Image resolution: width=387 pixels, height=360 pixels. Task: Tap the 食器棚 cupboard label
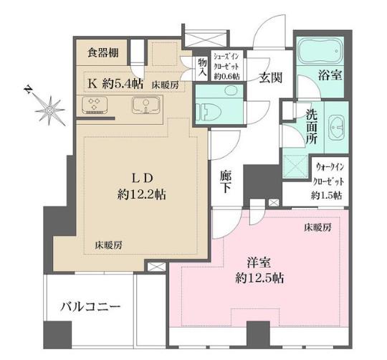[x=103, y=53]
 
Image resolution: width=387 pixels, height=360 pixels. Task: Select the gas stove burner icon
[x=95, y=105]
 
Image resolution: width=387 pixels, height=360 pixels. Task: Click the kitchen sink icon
[x=146, y=105]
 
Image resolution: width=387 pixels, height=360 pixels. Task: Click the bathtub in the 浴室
[x=320, y=51]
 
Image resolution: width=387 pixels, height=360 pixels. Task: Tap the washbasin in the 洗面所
[x=336, y=128]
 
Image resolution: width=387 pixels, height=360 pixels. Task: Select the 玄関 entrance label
[x=270, y=78]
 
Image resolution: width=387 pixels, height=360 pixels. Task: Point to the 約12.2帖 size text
[x=141, y=194]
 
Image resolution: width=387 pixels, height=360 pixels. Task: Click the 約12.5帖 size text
[x=259, y=278]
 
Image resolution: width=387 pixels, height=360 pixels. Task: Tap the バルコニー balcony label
[x=90, y=307]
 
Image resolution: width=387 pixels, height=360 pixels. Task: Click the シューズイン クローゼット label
[x=226, y=66]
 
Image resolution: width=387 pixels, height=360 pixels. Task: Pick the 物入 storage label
[x=202, y=67]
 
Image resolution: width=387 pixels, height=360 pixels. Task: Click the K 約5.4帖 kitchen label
[x=115, y=84]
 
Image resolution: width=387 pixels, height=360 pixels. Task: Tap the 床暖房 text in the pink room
[x=317, y=227]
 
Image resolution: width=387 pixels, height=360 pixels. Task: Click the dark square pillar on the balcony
[x=57, y=335]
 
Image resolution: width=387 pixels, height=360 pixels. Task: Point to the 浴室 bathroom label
[x=330, y=75]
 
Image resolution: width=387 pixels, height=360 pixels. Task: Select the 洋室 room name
[x=259, y=263]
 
